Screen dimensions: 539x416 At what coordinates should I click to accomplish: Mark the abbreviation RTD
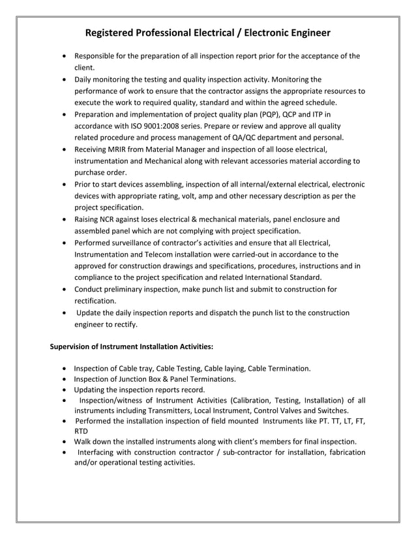pyautogui.click(x=81, y=431)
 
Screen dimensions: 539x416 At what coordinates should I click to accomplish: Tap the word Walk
pyautogui.click(x=83, y=442)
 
